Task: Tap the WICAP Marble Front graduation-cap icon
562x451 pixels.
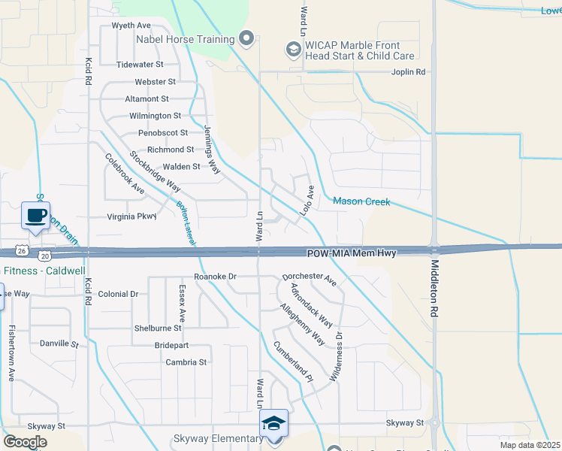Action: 293,50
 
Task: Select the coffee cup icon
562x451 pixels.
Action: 35,216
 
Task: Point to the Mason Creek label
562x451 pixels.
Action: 362,201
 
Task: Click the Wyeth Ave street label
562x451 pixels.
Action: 131,26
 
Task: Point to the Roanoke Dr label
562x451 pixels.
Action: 216,277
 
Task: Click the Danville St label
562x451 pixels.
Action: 59,344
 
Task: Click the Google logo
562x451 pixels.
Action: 25,442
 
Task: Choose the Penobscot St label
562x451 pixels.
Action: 157,133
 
